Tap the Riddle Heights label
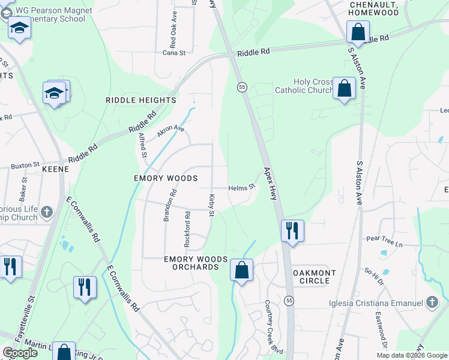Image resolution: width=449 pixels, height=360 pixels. click(141, 100)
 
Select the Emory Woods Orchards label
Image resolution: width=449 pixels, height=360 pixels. click(196, 263)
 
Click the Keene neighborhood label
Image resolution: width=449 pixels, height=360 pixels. click(55, 170)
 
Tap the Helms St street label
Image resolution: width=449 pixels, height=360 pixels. click(242, 187)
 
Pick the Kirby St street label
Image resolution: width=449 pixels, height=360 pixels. click(211, 205)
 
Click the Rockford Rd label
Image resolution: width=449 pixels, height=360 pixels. click(187, 230)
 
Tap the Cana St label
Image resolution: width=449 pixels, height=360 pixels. click(174, 53)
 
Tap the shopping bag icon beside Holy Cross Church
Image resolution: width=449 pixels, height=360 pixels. click(345, 89)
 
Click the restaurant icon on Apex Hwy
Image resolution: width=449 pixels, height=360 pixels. click(292, 230)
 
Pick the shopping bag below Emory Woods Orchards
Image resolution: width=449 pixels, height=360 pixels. click(241, 271)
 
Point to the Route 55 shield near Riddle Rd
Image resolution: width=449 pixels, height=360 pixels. click(241, 87)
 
